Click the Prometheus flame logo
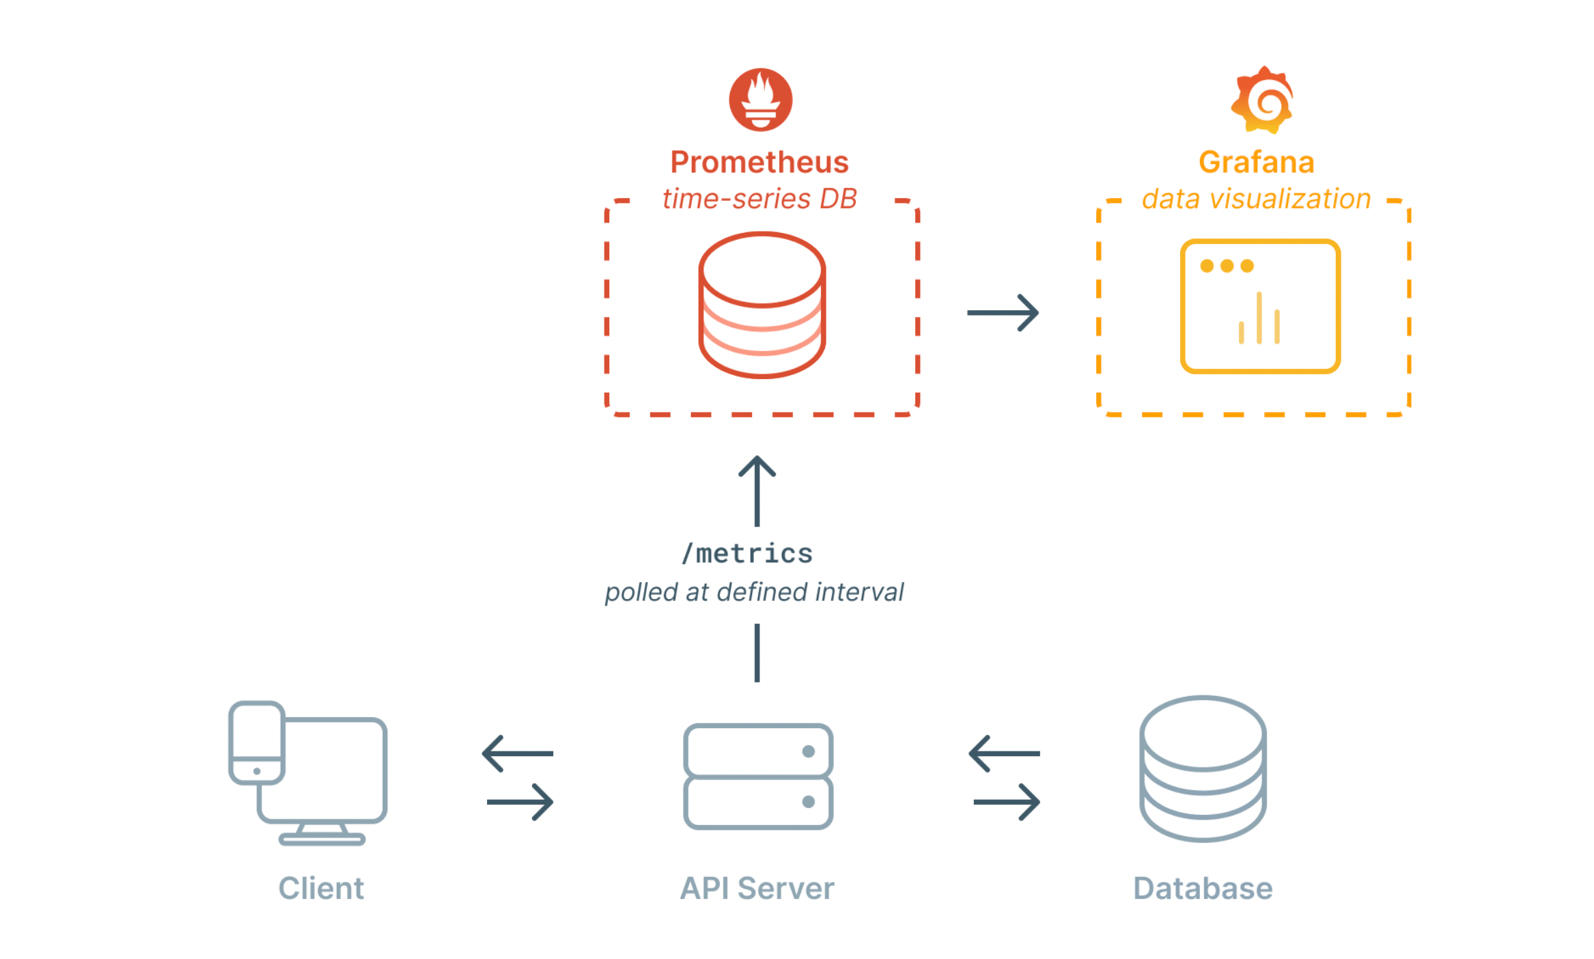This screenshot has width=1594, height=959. tap(760, 100)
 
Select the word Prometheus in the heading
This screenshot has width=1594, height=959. tap(759, 163)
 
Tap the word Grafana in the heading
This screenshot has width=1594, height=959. tap(1257, 163)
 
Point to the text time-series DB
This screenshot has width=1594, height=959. tap(759, 199)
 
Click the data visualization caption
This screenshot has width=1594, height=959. tap(1257, 199)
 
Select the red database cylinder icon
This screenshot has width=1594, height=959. tap(761, 305)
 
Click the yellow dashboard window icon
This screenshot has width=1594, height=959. tap(1260, 306)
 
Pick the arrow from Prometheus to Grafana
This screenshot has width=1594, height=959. tap(1003, 313)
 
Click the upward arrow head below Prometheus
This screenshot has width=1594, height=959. tap(757, 467)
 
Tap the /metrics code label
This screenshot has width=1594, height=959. tap(748, 553)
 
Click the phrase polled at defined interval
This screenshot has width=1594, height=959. tap(754, 592)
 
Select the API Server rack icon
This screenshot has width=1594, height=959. tap(758, 777)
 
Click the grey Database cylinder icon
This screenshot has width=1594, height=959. tap(1203, 768)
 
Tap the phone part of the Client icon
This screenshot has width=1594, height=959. tap(257, 742)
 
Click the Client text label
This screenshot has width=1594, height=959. tap(321, 888)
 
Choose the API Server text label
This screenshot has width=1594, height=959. tap(757, 888)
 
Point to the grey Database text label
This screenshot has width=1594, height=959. tap(1203, 888)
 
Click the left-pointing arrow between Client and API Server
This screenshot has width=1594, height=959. tap(518, 753)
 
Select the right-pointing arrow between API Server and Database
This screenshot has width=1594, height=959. tap(1007, 802)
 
